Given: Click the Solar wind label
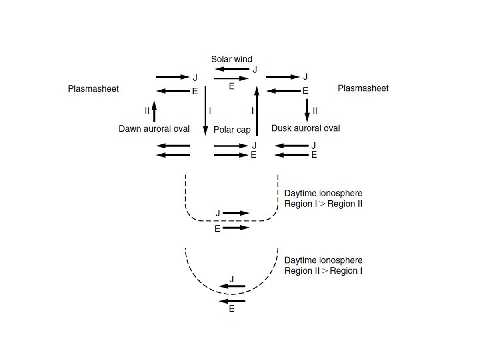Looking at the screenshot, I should tap(232, 59).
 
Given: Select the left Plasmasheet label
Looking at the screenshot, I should tap(94, 88).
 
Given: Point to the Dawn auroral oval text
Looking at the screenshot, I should tap(154, 128).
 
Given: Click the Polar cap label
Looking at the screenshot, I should tap(232, 129).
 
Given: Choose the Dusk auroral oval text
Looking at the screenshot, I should tap(306, 128).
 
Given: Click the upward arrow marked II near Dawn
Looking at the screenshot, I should tap(154, 109).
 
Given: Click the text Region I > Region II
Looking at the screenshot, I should tap(323, 203).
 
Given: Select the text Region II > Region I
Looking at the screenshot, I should tap(323, 271).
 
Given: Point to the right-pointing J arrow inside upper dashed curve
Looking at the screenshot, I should tap(236, 213).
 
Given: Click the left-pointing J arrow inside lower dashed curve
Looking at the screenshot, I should tap(233, 287).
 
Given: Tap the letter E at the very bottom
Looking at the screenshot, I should tap(231, 310).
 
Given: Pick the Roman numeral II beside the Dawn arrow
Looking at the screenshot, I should tap(147, 109).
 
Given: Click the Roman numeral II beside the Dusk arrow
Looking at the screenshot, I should tap(315, 109).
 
